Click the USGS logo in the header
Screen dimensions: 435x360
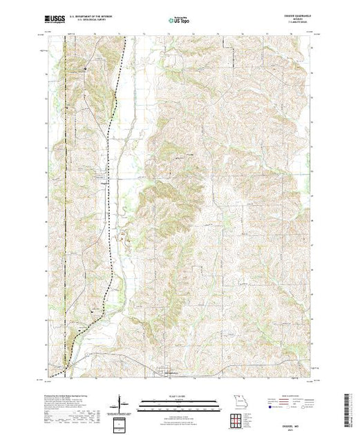tap(55, 19)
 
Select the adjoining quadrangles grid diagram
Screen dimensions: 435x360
tap(237, 417)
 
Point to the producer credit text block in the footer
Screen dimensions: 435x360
tap(69, 407)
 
